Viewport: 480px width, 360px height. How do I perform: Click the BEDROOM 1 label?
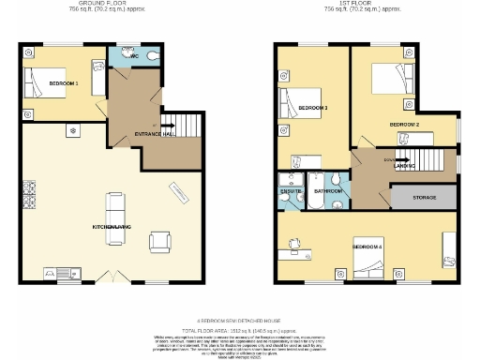(64, 83)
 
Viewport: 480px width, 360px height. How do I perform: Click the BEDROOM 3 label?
(312, 109)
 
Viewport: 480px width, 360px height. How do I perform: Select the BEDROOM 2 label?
(404, 124)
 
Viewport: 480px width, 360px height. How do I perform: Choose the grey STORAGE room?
(423, 197)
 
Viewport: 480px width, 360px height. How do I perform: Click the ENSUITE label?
(290, 191)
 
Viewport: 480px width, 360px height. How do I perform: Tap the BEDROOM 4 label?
(367, 246)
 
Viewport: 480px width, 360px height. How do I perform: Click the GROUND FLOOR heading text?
(103, 4)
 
